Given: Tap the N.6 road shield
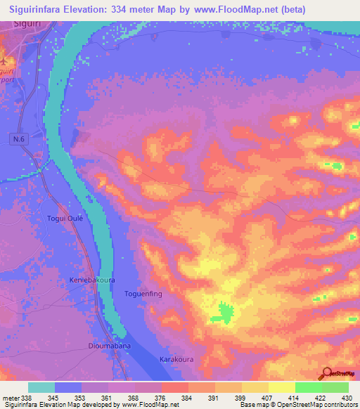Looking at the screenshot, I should click(x=19, y=141).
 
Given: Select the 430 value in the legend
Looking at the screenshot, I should click(x=347, y=397).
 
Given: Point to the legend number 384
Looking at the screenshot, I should click(x=188, y=397).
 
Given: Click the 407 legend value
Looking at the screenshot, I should click(x=267, y=397).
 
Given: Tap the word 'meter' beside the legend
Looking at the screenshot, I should click(x=11, y=397).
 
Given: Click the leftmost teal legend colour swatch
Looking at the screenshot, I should click(x=41, y=387).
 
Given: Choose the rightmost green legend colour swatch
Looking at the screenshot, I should click(x=335, y=387).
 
